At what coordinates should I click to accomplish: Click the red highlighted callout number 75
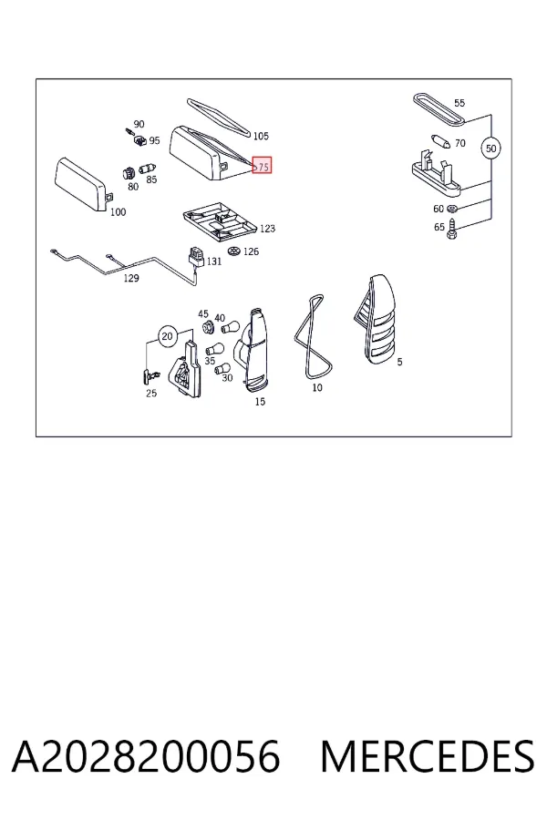[262, 166]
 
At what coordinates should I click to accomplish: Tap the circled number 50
[490, 149]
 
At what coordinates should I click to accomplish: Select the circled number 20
[167, 335]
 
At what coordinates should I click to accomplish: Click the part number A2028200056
[146, 756]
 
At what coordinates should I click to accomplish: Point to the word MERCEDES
[428, 756]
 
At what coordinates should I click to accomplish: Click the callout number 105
[261, 136]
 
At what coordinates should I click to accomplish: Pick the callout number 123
[267, 229]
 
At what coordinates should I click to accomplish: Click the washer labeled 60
[453, 209]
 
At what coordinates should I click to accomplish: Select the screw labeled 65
[453, 229]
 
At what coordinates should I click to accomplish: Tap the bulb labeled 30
[222, 369]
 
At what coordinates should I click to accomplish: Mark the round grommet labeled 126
[234, 251]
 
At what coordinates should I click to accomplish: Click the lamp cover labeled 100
[82, 185]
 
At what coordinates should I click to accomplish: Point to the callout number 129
[131, 278]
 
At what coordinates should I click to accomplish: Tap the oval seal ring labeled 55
[439, 109]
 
